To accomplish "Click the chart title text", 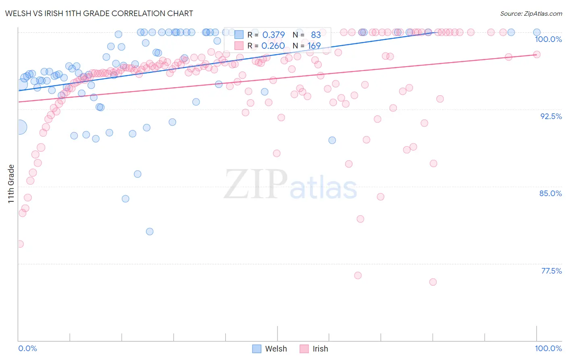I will (x=99, y=13).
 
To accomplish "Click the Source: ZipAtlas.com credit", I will (x=531, y=13).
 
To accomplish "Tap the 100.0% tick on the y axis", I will (x=548, y=39).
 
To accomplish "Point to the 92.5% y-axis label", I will (x=551, y=116).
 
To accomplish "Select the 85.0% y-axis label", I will (x=550, y=193).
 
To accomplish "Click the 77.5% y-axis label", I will (x=551, y=271).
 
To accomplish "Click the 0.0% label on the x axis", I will (x=27, y=348).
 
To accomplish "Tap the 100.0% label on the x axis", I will (x=548, y=348).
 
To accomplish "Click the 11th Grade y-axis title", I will (x=11, y=184).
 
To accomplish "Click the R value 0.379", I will (x=273, y=35).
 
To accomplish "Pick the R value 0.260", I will (x=273, y=46).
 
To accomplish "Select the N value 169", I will (x=314, y=46).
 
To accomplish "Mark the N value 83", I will (x=316, y=35).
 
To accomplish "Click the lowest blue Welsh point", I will (x=150, y=231).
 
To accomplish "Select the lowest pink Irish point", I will (x=433, y=282).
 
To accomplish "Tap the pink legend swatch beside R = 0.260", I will (x=239, y=46).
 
